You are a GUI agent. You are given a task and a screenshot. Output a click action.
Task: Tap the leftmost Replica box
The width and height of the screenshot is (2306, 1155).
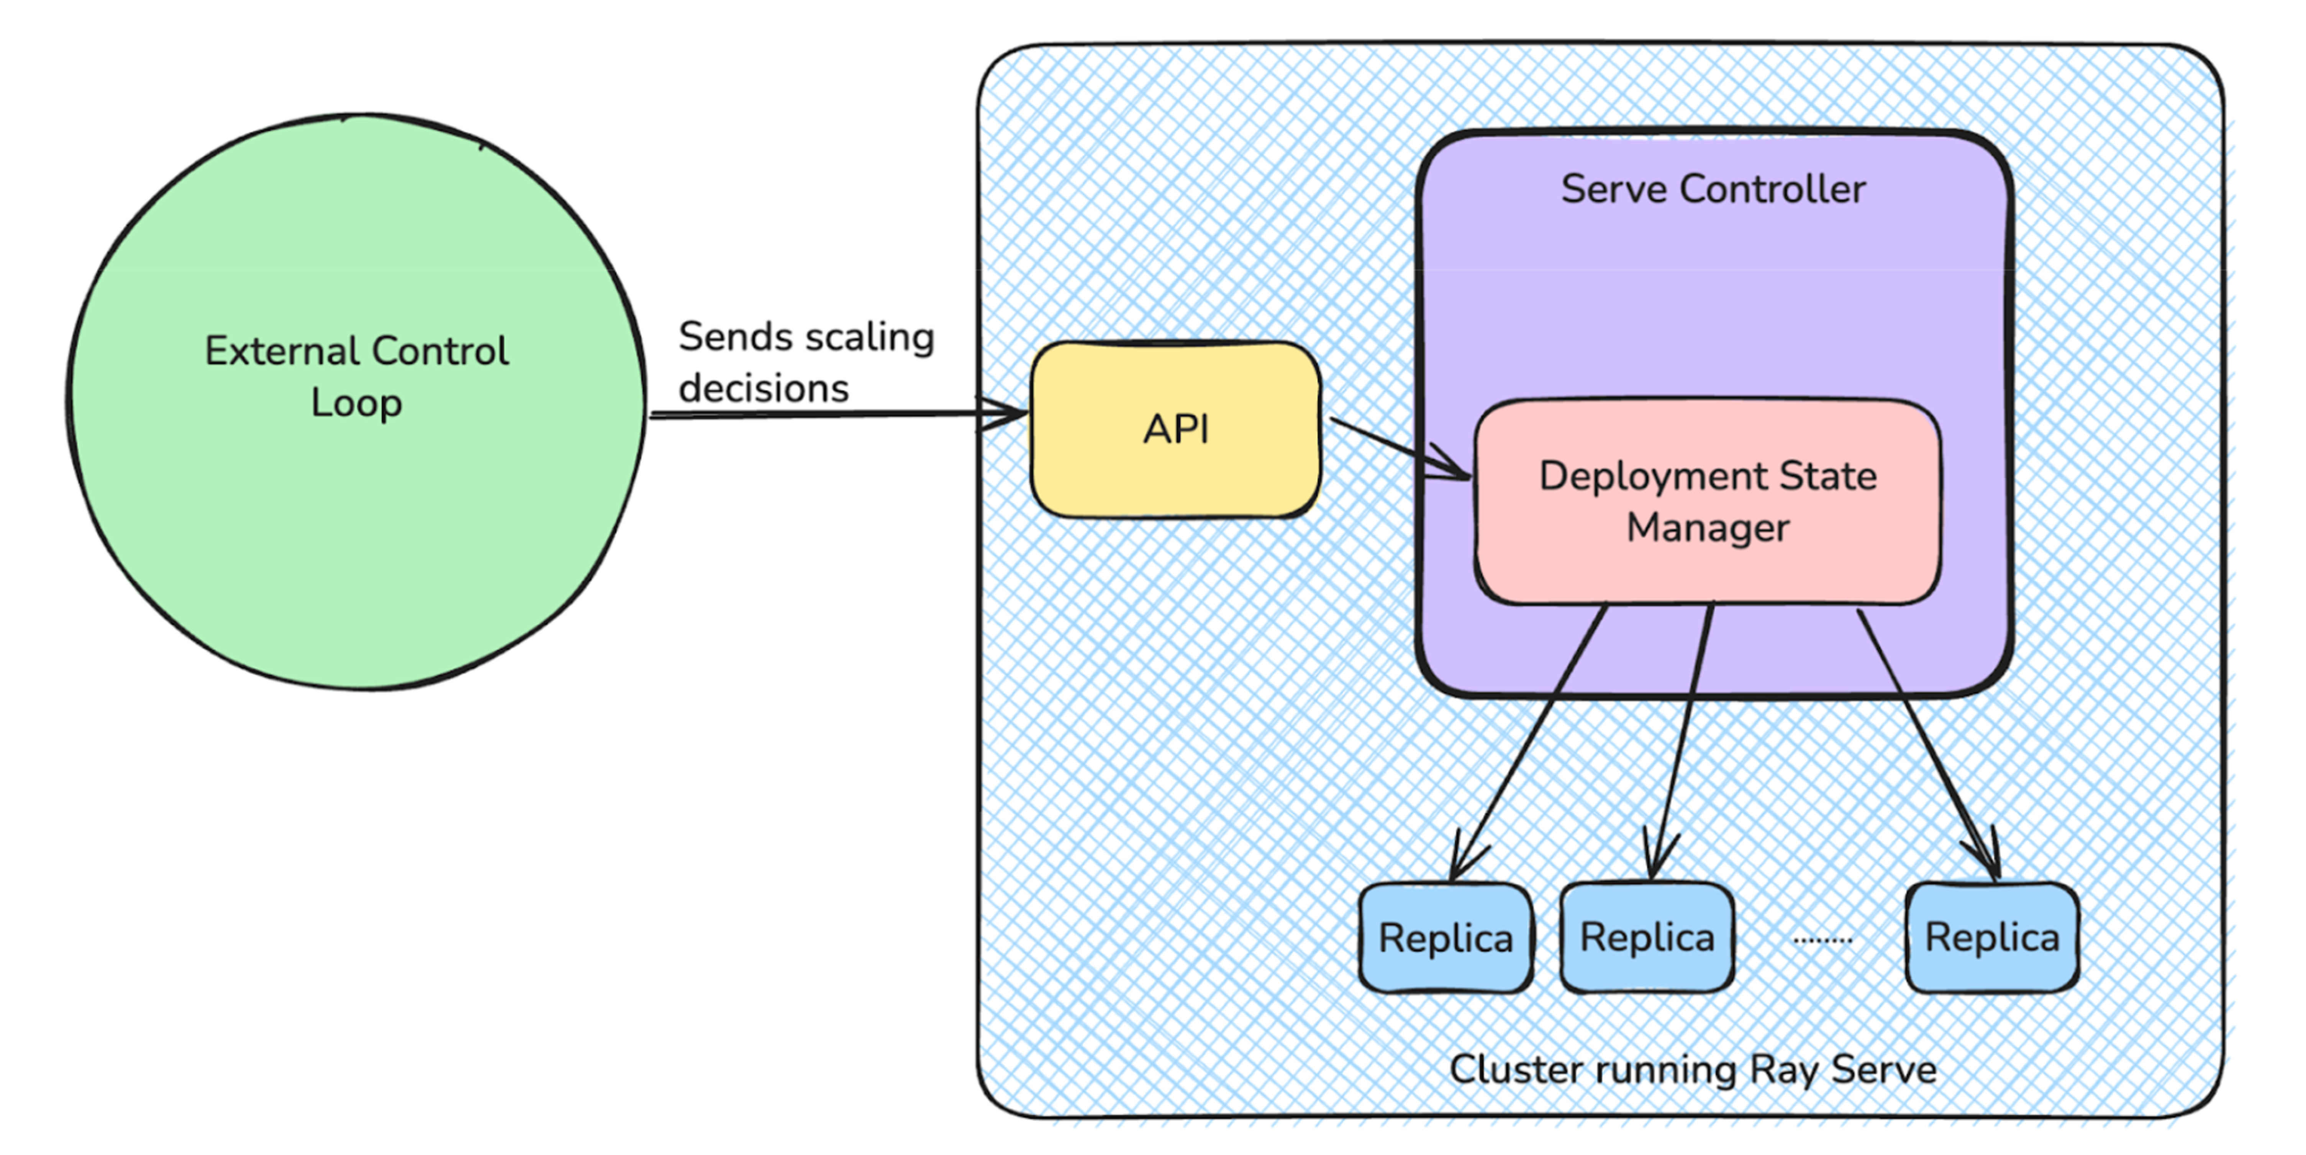click(x=1445, y=937)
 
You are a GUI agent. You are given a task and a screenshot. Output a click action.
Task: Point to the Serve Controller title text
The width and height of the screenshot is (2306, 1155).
click(x=1713, y=189)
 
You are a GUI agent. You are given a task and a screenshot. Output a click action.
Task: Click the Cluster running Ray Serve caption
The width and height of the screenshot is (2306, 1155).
click(x=1692, y=1069)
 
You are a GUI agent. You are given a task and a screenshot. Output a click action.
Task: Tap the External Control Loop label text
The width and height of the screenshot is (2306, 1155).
click(x=356, y=376)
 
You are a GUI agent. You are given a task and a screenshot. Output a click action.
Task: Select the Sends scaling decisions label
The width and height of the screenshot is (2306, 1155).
click(x=806, y=362)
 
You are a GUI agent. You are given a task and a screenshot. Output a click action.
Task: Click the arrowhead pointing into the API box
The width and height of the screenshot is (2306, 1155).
click(x=1007, y=413)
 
